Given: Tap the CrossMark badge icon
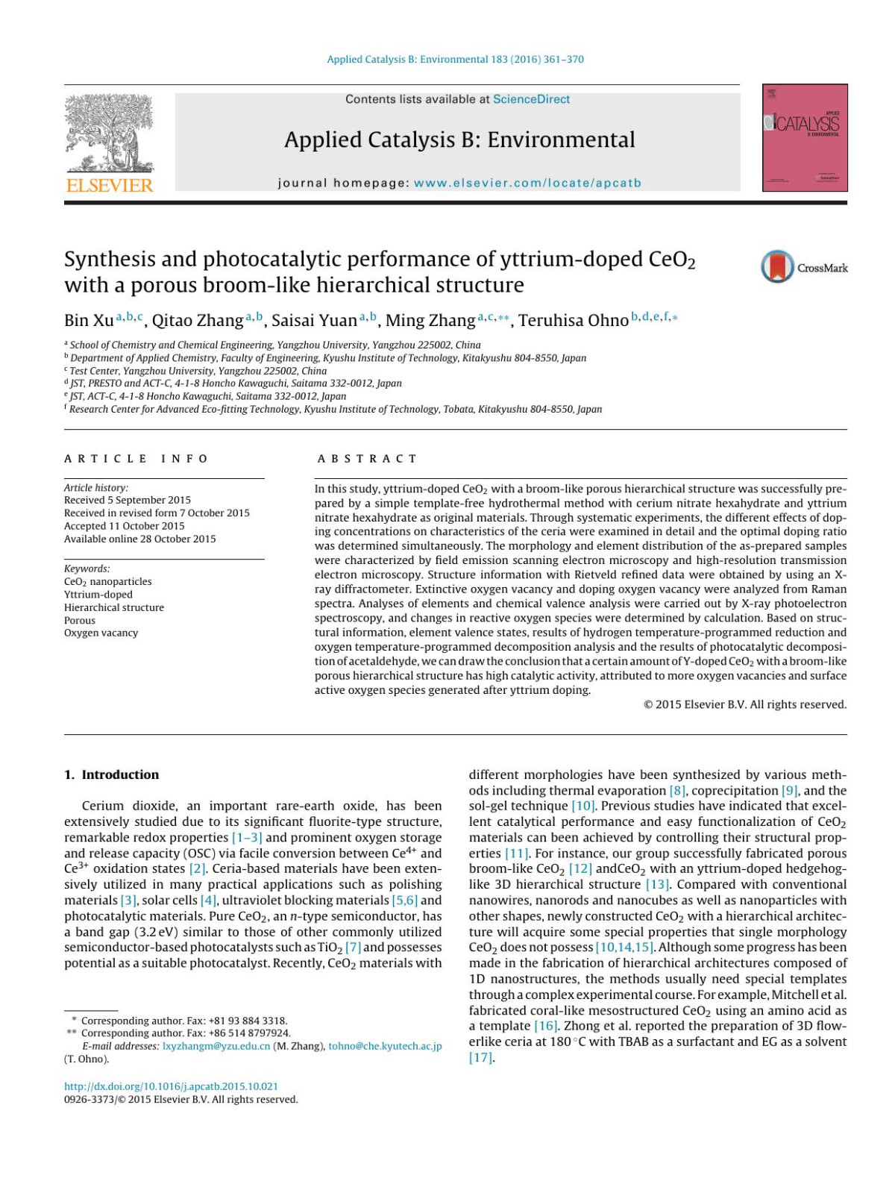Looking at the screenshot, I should point(778,267).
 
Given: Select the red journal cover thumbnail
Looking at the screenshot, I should point(805,138).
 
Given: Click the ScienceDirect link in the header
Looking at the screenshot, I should point(531,99).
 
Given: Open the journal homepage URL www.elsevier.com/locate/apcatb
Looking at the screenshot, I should point(527,183).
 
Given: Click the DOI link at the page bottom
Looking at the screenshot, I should point(171,1086).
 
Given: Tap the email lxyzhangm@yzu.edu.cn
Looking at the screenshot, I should point(216,1046).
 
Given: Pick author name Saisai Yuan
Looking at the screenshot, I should point(314,321).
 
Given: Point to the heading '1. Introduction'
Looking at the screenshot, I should point(112,774).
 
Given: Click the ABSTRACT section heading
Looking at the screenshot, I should point(367,459).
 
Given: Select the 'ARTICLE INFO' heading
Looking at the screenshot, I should point(136,459).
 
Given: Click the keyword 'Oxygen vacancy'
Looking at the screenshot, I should point(101,633).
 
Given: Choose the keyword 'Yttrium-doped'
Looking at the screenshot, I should point(98,595).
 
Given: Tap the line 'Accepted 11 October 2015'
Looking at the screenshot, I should point(124,526).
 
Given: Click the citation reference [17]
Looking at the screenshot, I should point(481,1057).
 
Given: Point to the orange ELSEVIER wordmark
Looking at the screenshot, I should point(110,185).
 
